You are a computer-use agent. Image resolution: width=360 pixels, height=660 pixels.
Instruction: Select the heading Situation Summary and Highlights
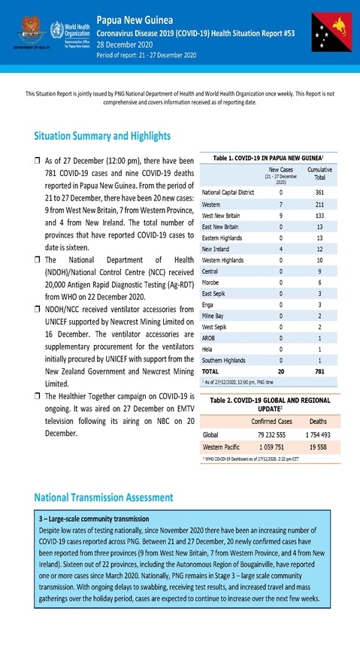click(x=102, y=136)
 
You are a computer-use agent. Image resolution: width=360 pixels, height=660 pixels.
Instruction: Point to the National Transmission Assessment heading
click(x=104, y=498)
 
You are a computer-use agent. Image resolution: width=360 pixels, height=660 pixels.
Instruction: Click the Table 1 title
click(x=268, y=158)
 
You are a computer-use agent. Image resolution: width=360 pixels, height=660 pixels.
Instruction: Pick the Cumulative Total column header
click(x=321, y=174)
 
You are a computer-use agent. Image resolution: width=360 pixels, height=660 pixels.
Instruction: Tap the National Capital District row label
click(x=228, y=192)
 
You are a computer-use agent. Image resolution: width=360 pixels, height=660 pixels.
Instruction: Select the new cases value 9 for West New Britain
click(x=280, y=215)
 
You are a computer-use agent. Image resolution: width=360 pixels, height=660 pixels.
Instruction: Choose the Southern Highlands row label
click(x=224, y=361)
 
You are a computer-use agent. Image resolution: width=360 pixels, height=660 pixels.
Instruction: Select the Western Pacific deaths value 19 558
click(x=319, y=446)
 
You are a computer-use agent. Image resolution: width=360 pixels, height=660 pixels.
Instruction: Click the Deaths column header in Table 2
click(x=319, y=421)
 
